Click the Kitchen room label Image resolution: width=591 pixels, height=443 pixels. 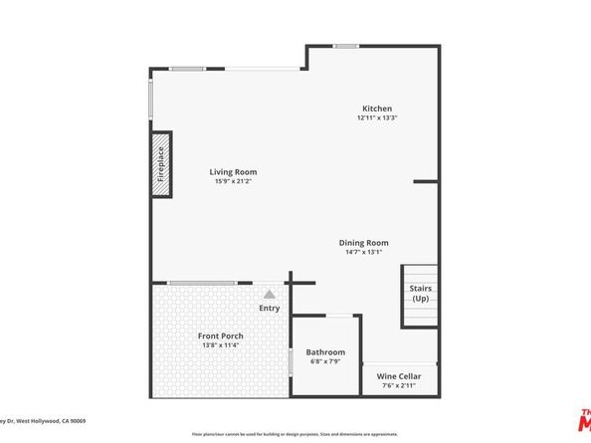coord(376,109)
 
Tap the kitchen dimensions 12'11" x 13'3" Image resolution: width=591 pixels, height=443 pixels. coord(376,118)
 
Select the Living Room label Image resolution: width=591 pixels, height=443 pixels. coord(233,172)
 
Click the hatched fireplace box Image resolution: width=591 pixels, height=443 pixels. coord(158,164)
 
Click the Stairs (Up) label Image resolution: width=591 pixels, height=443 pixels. coord(420,294)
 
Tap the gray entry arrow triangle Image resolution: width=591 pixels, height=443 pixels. coord(269,294)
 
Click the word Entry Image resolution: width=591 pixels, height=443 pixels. coord(270,308)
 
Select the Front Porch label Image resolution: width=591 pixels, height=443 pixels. coord(221,336)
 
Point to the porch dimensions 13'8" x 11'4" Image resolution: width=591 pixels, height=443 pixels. coord(221,346)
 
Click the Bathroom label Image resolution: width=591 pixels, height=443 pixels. coord(325,352)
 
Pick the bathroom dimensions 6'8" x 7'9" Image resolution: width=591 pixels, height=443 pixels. coord(325,362)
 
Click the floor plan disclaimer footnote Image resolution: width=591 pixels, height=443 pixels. coord(295,434)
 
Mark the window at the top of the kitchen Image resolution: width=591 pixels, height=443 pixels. coord(346,46)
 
